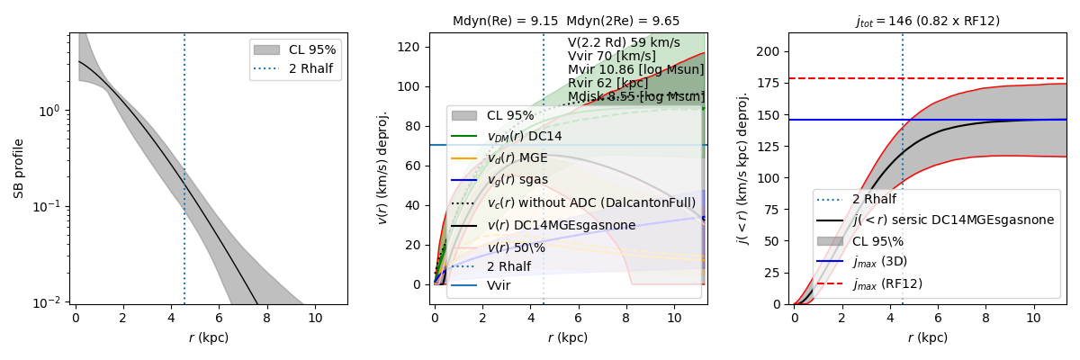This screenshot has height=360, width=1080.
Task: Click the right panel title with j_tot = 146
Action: pyautogui.click(x=927, y=21)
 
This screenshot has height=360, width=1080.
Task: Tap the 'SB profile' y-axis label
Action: pyautogui.click(x=18, y=168)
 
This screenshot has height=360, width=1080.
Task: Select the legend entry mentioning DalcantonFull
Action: pyautogui.click(x=590, y=203)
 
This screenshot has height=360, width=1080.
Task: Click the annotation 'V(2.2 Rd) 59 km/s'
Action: pyautogui.click(x=624, y=42)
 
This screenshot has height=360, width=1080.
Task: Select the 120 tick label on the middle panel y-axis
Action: pyautogui.click(x=412, y=47)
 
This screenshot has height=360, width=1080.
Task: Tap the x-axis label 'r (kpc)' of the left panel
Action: pyautogui.click(x=209, y=337)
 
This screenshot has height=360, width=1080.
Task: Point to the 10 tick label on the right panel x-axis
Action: pyautogui.click(x=1034, y=317)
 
